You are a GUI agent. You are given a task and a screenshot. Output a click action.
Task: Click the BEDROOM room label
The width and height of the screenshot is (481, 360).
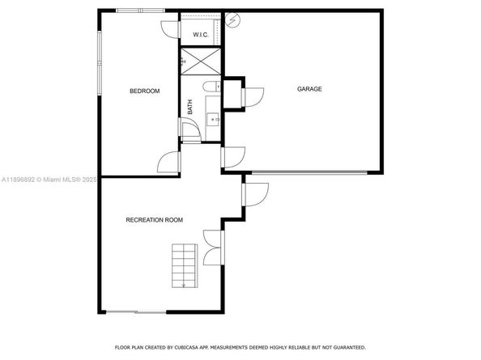point(145,91)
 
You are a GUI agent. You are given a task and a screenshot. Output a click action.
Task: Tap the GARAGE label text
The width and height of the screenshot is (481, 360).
point(309,89)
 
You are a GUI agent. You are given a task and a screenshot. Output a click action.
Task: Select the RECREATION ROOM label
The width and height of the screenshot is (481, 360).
point(154,220)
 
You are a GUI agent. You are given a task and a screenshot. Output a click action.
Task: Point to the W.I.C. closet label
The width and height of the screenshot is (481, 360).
point(200,35)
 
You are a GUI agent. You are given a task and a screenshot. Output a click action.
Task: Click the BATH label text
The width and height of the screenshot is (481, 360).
point(190,105)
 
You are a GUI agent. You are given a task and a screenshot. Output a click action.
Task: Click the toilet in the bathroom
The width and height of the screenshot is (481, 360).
point(210,87)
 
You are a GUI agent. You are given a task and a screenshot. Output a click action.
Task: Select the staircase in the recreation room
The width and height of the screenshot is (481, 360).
point(185,264)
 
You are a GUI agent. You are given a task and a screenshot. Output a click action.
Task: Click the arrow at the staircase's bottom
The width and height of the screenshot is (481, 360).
point(185,284)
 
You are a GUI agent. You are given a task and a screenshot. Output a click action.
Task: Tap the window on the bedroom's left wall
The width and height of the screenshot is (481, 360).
point(99,61)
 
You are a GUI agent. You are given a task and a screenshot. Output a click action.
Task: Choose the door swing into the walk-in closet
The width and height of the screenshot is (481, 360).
point(170,29)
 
